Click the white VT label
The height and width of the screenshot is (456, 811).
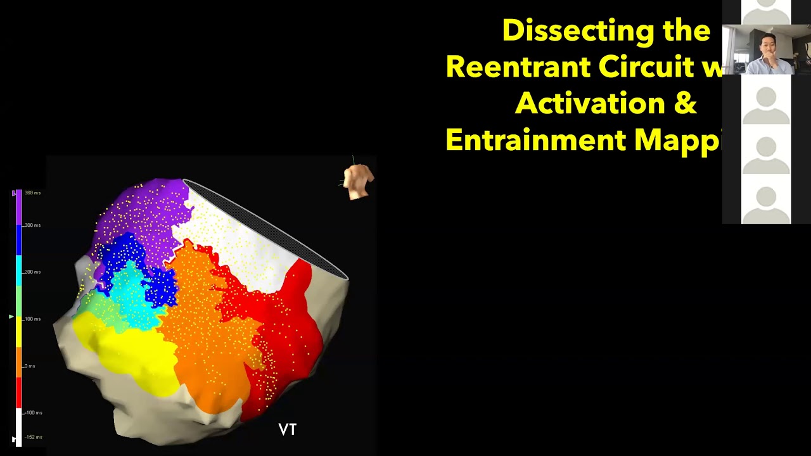288,430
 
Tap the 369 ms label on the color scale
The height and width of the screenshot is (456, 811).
33,193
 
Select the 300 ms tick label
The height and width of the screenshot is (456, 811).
33,225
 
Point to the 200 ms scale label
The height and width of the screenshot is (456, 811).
33,272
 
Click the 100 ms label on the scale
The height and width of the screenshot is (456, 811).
33,319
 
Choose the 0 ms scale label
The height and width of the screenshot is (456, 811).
30,366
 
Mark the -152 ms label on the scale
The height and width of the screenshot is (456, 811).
34,437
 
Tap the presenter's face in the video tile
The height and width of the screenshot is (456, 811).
767,47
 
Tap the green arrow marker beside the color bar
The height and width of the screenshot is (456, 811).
11,316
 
